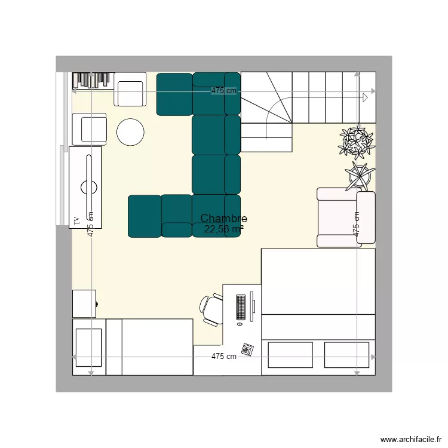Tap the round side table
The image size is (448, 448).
[130, 132]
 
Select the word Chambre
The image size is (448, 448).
[223, 219]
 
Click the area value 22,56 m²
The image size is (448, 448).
[223, 229]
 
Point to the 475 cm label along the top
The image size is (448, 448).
[223, 91]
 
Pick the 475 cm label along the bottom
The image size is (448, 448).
[224, 357]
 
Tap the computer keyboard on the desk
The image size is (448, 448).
[241, 307]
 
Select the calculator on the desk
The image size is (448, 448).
[247, 348]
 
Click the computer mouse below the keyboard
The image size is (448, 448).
[240, 326]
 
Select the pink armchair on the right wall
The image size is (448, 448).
[345, 217]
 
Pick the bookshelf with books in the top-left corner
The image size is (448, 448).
[93, 80]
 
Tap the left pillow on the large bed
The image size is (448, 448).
[290, 355]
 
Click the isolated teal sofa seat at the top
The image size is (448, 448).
[174, 94]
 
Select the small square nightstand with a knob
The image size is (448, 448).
[84, 303]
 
